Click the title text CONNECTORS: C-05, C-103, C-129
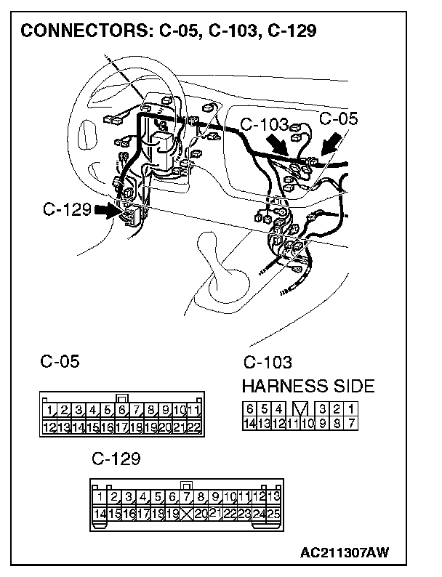pos(168,31)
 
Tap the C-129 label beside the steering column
pos(66,210)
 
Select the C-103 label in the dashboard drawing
pos(263,125)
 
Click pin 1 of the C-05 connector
pos(51,411)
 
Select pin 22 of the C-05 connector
pos(193,427)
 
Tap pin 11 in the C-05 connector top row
pos(193,411)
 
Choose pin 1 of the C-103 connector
pos(352,409)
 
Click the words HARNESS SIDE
pos(308,385)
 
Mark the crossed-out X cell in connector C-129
pos(187,514)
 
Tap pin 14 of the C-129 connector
pos(101,514)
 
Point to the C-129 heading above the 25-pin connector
pos(116,460)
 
